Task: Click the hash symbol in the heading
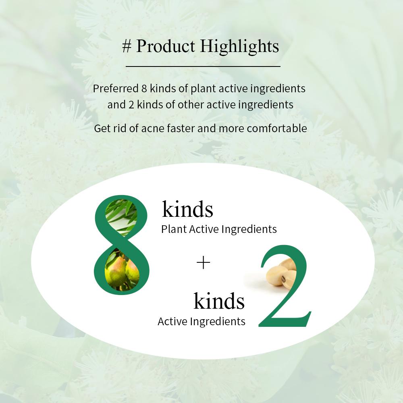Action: pyautogui.click(x=127, y=46)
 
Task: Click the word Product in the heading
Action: pyautogui.click(x=166, y=46)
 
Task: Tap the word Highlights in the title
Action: pyautogui.click(x=239, y=46)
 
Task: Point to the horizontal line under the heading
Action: pyautogui.click(x=203, y=66)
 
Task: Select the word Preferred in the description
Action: pyautogui.click(x=116, y=89)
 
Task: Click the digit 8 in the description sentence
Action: pyautogui.click(x=144, y=89)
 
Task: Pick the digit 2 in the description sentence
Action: pyautogui.click(x=131, y=105)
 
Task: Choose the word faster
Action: pyautogui.click(x=181, y=128)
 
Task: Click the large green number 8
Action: pyautogui.click(x=121, y=245)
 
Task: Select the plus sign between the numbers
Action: pyautogui.click(x=203, y=263)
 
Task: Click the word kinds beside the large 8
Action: pyautogui.click(x=188, y=209)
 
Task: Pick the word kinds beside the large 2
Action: pyautogui.click(x=219, y=301)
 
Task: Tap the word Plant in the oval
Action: pyautogui.click(x=174, y=229)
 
